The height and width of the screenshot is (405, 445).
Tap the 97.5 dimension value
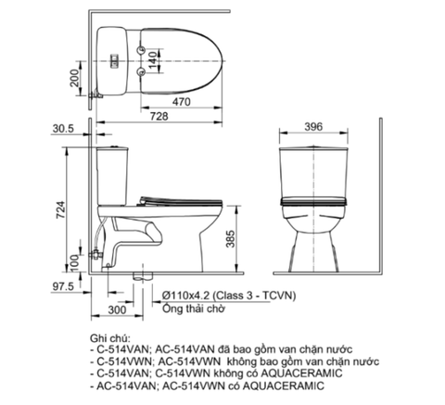coord(62,287)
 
